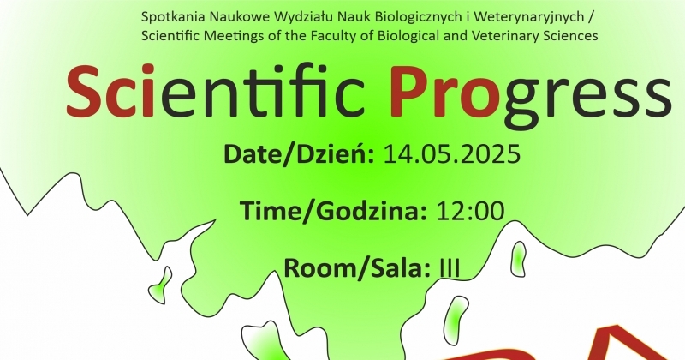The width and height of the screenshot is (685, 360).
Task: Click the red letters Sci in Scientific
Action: pos(110,92)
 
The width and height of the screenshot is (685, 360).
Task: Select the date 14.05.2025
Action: pos(452,154)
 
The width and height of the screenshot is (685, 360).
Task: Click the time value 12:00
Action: pos(470,210)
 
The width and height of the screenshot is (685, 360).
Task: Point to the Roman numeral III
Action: pos(449,267)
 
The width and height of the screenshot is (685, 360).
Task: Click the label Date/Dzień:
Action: pos(299,154)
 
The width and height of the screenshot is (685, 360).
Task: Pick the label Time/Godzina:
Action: pos(333,210)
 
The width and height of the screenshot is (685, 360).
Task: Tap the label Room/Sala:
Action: pos(357,267)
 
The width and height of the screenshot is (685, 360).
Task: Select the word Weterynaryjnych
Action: pos(529,17)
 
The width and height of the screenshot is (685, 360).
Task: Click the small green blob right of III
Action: pos(518,259)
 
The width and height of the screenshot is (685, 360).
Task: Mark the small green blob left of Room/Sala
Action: pos(161,285)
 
